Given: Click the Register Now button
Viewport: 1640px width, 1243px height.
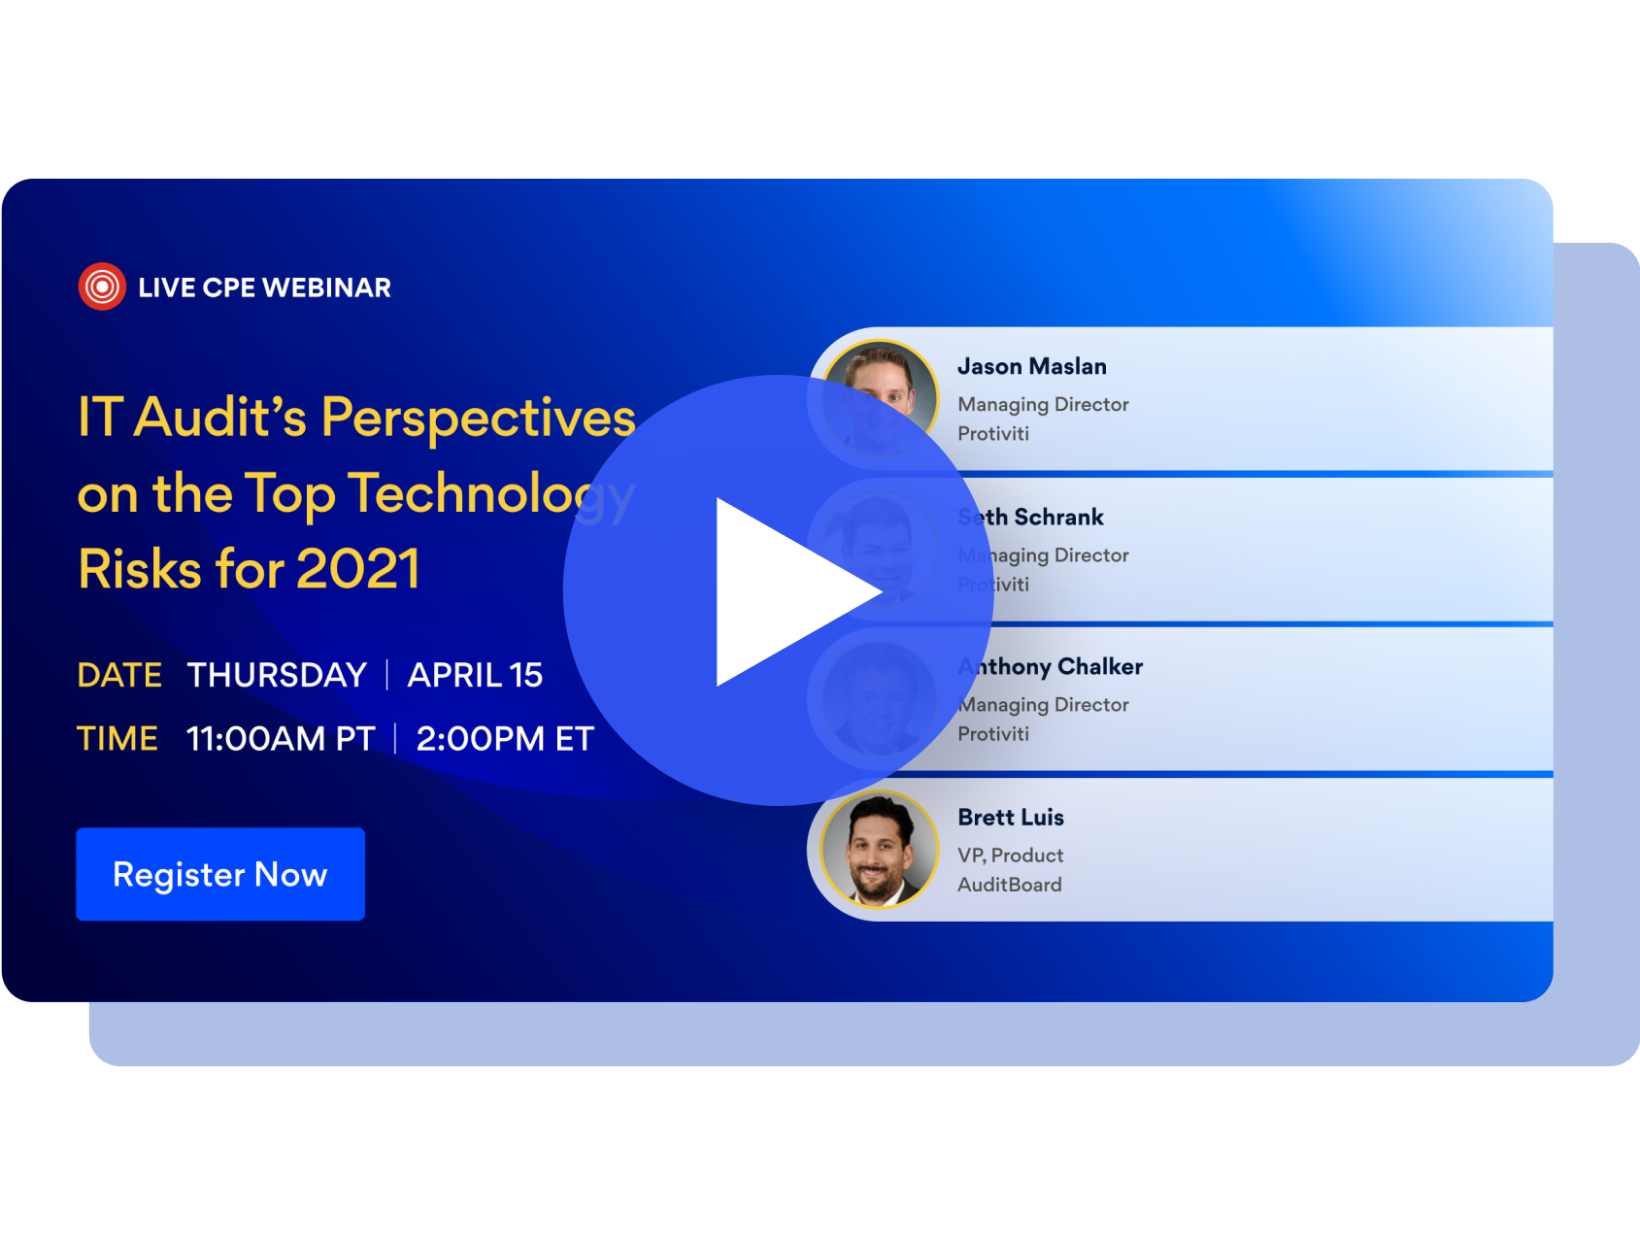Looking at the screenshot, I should [x=220, y=874].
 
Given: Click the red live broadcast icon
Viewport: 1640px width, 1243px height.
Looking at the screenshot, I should [x=102, y=286].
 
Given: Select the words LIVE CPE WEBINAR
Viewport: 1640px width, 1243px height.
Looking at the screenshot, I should [x=264, y=287].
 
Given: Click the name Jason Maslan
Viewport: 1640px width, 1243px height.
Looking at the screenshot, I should [x=1031, y=366].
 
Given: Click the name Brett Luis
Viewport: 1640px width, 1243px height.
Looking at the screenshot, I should [x=1010, y=817].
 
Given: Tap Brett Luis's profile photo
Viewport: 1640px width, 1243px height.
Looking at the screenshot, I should [x=879, y=850].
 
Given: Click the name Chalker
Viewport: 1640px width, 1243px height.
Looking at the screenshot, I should [x=1099, y=666].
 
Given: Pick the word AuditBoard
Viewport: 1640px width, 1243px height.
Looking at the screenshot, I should [x=1009, y=884].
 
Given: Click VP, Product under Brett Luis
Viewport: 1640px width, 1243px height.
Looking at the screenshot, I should [x=1010, y=855].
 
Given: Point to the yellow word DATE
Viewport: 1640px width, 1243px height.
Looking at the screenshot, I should [x=119, y=675].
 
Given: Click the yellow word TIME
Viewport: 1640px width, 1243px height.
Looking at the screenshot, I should [x=117, y=738].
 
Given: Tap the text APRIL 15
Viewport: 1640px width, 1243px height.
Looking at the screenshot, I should [x=475, y=675].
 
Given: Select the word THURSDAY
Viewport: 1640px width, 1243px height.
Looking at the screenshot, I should [x=277, y=675].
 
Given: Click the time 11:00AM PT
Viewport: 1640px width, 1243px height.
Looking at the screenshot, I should [x=281, y=738].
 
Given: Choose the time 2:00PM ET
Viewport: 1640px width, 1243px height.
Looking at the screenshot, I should [x=504, y=738].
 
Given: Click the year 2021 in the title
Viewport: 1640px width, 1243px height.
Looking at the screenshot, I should [x=357, y=568].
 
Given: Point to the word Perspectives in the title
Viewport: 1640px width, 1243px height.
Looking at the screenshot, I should [x=478, y=418].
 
